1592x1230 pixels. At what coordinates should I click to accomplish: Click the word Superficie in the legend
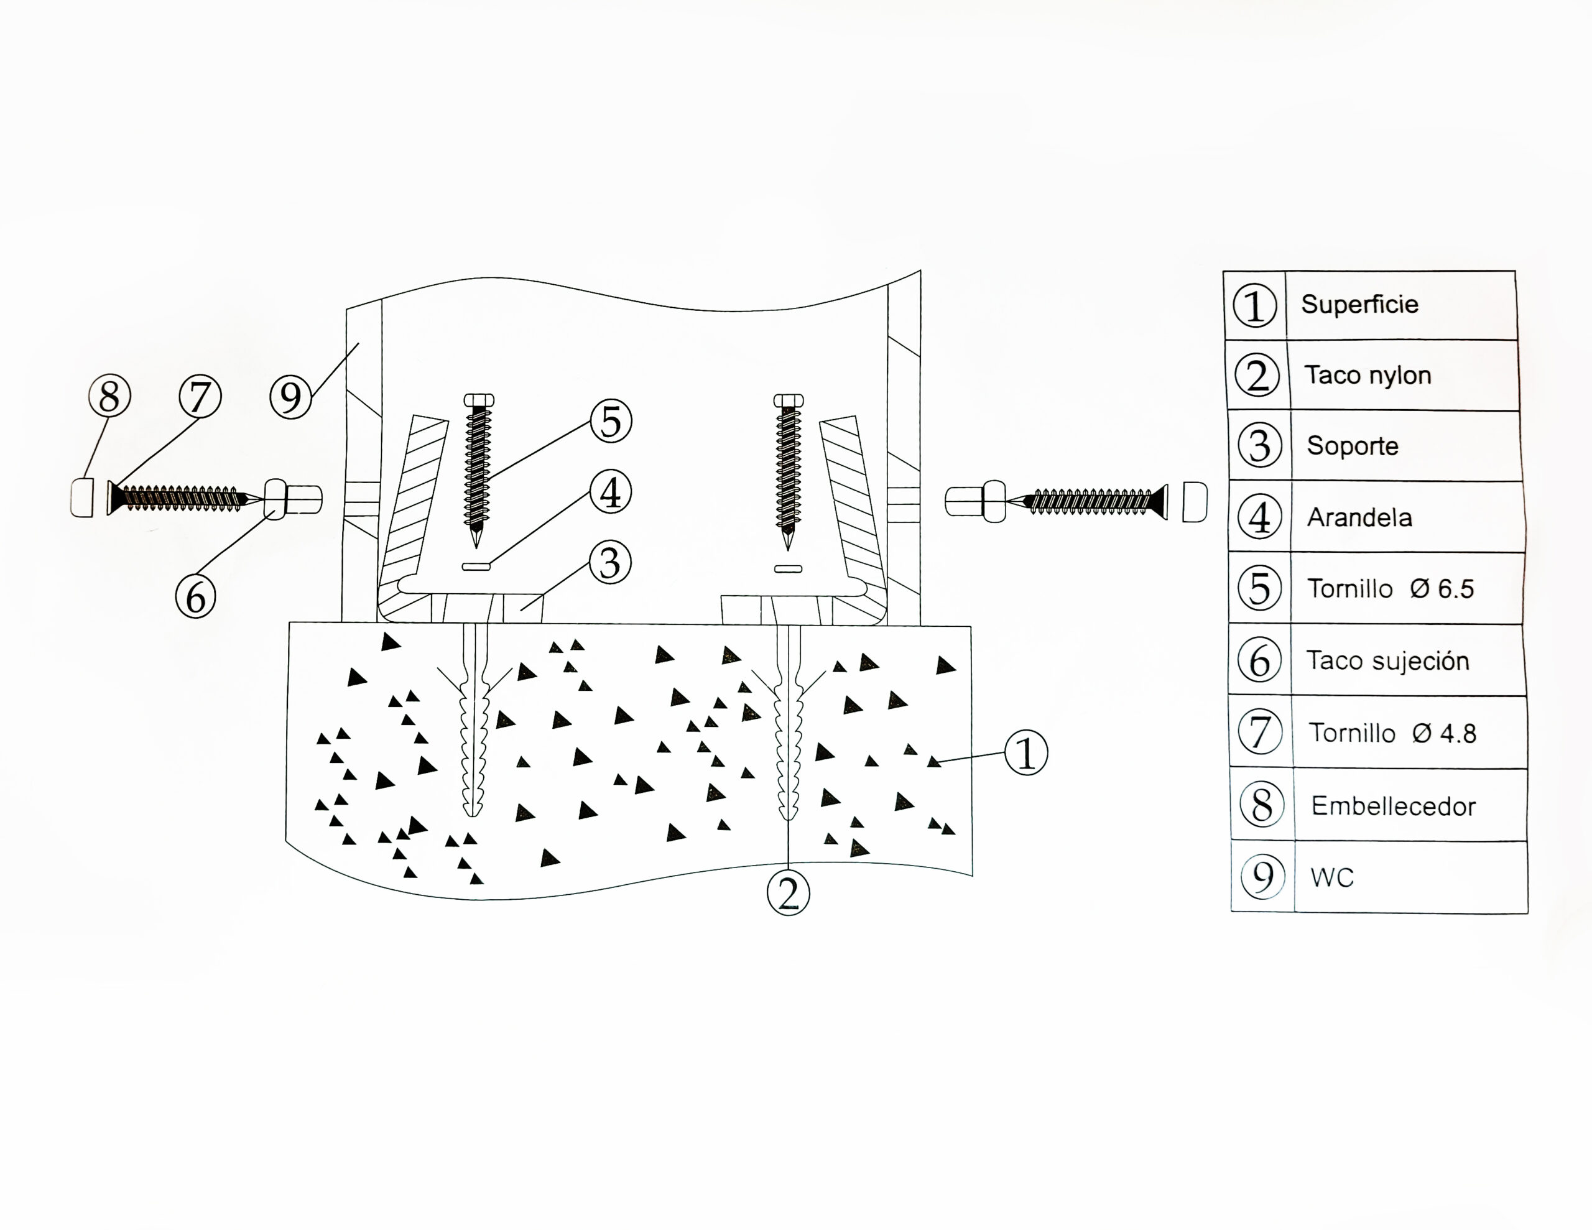(x=1359, y=304)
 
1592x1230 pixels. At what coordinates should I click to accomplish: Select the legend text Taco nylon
(x=1368, y=375)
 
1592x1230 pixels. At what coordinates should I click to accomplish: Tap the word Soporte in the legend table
(x=1352, y=445)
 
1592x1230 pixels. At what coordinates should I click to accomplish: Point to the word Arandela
(x=1359, y=517)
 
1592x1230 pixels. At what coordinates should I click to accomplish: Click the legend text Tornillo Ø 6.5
(x=1390, y=588)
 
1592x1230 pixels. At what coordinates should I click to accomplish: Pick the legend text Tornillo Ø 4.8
(x=1392, y=733)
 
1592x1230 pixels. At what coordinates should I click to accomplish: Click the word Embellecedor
(x=1393, y=806)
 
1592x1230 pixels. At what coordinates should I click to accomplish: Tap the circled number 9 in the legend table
(x=1262, y=876)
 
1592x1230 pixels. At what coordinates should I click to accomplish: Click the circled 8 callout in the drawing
(x=109, y=397)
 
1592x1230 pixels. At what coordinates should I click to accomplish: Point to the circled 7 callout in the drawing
(x=200, y=397)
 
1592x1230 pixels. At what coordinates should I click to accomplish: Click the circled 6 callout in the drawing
(x=195, y=597)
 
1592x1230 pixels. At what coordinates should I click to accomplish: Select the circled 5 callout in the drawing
(x=611, y=422)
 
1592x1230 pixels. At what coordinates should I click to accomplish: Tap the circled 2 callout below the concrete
(x=788, y=893)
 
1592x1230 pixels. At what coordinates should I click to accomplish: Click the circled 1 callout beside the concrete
(x=1025, y=753)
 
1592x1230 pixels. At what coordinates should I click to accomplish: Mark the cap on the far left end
(x=82, y=497)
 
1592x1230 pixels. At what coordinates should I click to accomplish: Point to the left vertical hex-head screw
(x=478, y=466)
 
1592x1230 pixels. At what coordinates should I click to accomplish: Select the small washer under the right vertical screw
(x=787, y=568)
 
